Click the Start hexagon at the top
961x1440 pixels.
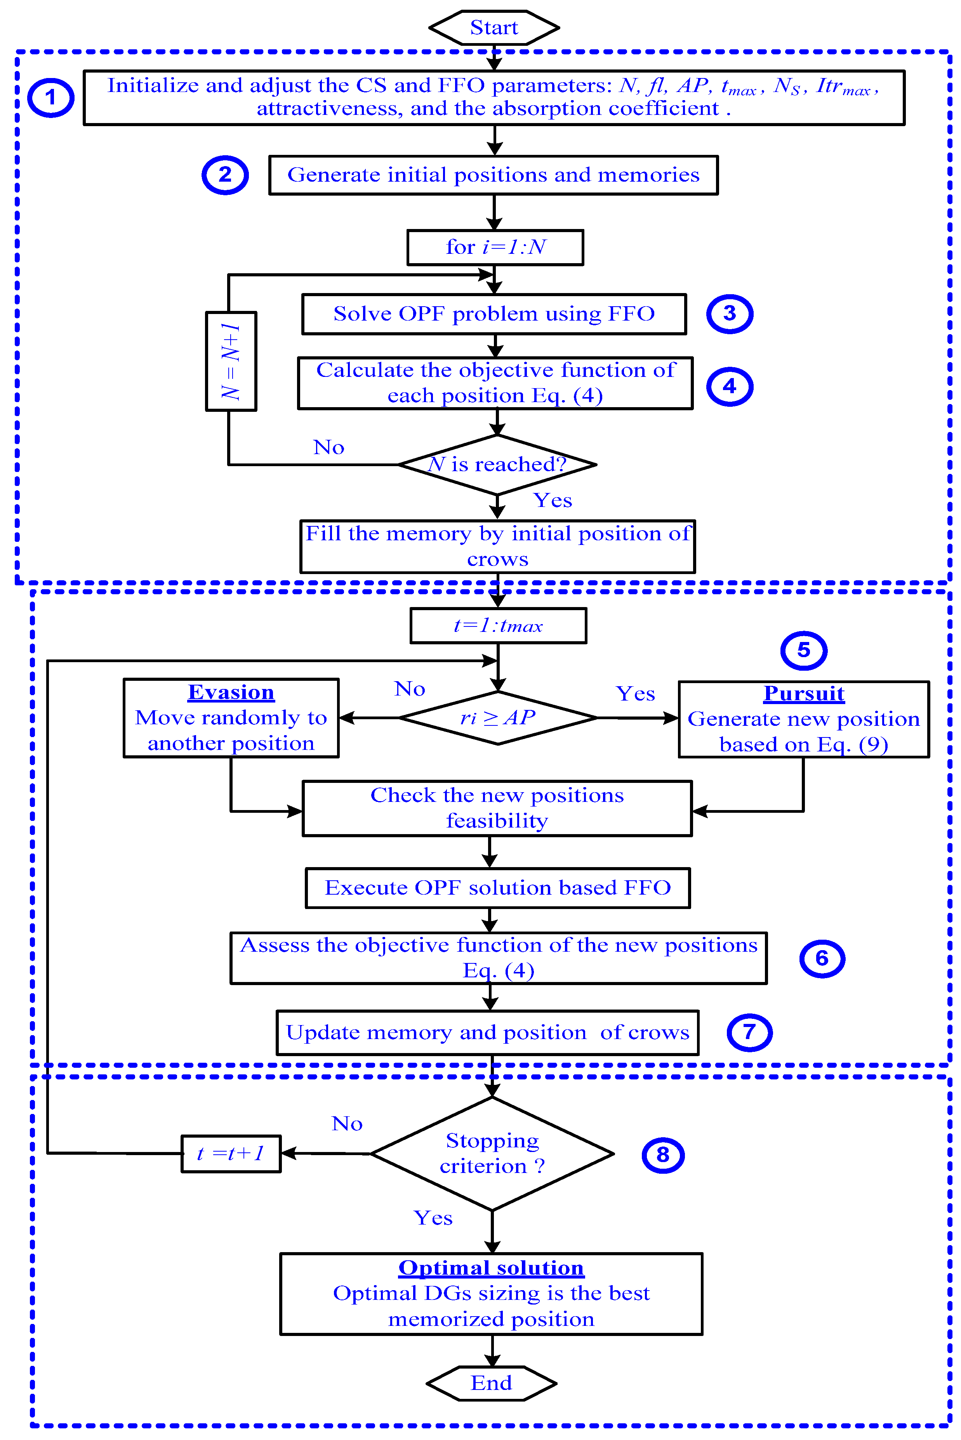(494, 28)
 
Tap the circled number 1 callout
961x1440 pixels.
(51, 98)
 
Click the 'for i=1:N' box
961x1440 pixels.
(495, 247)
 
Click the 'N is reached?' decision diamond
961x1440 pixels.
(497, 464)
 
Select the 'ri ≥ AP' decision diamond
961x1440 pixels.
(498, 717)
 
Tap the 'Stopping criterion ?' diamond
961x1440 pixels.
(492, 1153)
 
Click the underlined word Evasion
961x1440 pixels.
(231, 692)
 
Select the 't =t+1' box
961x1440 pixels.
(231, 1153)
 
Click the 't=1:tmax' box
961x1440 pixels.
(498, 625)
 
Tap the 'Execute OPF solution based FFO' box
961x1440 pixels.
(498, 888)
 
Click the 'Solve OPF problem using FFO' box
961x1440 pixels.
(494, 314)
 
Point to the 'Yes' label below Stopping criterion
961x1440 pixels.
(433, 1218)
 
